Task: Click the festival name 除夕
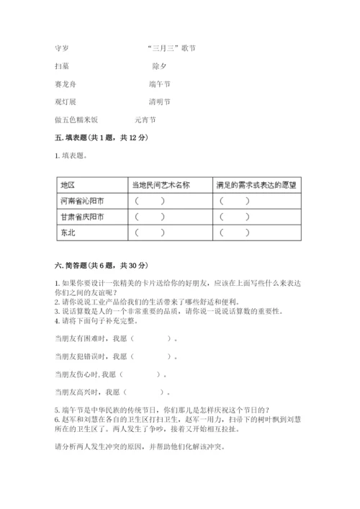click(x=158, y=66)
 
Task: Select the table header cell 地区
click(x=69, y=185)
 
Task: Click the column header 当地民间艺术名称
click(x=161, y=185)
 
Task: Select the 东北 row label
click(x=68, y=233)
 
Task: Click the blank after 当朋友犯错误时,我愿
click(x=153, y=356)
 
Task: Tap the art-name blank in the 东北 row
click(x=149, y=233)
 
